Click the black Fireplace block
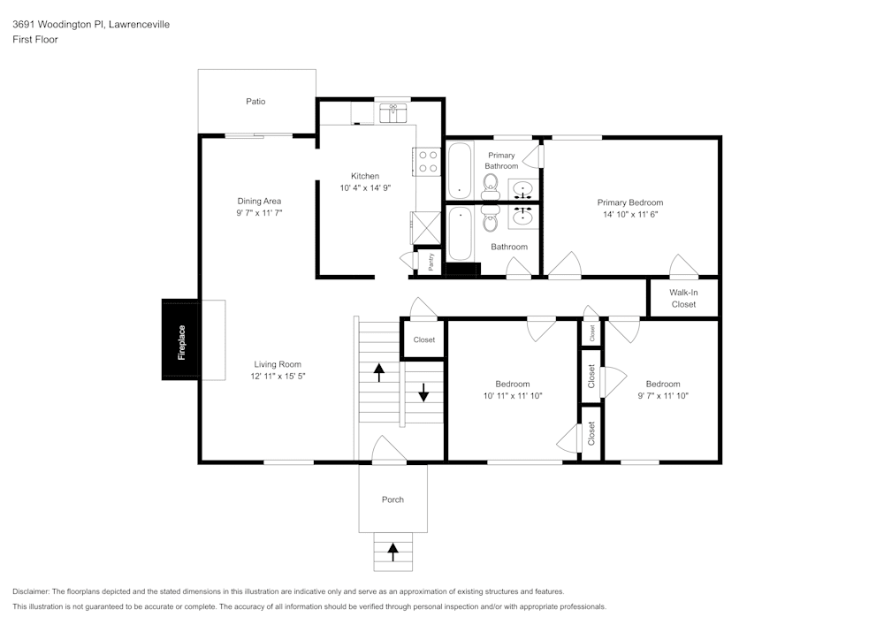pos(181,340)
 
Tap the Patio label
pos(255,102)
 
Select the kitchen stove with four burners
pos(427,161)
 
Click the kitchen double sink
pos(393,112)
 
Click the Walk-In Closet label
pos(682,298)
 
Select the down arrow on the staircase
pos(423,392)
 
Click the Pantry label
pos(431,262)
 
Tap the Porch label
pos(392,499)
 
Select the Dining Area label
pos(259,201)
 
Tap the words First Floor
pos(35,40)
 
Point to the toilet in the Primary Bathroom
pos(490,183)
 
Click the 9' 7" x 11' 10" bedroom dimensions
pos(662,396)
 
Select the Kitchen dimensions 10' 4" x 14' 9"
pos(365,188)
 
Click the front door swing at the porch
pos(388,449)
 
